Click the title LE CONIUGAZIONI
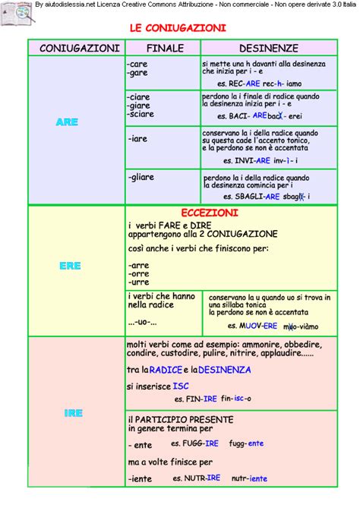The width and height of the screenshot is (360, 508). (178, 28)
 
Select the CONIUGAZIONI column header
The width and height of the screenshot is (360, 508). (74, 48)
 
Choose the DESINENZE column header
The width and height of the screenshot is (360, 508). (268, 48)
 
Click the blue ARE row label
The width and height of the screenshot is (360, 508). (67, 122)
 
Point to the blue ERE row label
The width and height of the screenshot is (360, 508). (70, 267)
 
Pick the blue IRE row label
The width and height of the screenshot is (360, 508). (73, 414)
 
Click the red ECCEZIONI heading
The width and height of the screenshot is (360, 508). (210, 213)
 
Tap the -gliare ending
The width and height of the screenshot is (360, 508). (141, 177)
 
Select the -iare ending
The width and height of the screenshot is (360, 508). (137, 139)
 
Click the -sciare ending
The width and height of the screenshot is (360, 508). (141, 114)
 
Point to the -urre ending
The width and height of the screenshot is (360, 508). (138, 282)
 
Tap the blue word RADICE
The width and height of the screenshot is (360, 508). (166, 370)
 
